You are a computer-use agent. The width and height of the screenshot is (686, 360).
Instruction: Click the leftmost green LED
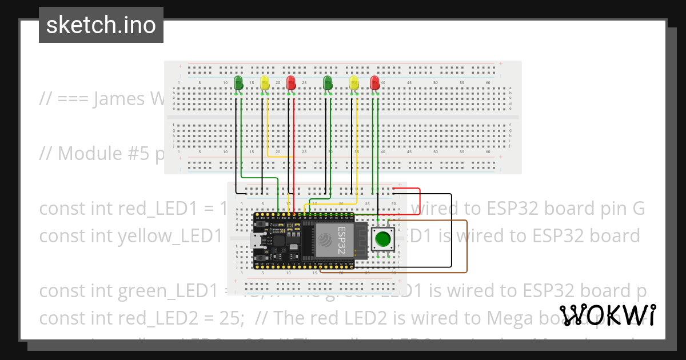coord(238,83)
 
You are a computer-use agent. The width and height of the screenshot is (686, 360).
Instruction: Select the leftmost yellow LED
coord(265,83)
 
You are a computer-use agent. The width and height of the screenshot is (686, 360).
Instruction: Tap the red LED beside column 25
coord(291,83)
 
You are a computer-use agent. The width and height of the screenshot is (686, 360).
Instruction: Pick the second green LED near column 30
coord(328,83)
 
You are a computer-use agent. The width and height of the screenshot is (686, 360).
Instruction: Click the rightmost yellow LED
coord(354,83)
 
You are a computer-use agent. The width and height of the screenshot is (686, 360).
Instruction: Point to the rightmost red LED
coord(374,83)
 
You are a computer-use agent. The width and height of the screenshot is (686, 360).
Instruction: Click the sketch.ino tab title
coord(101,25)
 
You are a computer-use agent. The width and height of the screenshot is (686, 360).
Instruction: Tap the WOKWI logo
coord(607,315)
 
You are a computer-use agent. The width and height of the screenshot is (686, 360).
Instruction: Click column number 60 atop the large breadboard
coord(488,83)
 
